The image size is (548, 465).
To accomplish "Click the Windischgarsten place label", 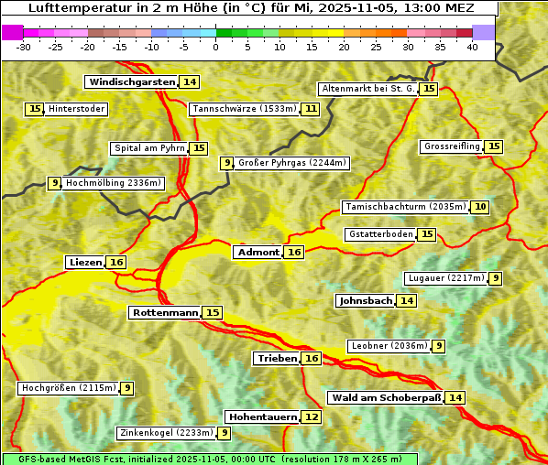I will [x=131, y=81].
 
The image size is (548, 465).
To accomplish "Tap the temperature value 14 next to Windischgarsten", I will [x=189, y=81].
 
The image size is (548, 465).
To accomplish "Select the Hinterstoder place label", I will [x=77, y=109].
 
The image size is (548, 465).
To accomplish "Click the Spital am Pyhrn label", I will [x=148, y=148].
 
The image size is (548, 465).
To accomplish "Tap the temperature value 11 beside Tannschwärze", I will [x=311, y=109].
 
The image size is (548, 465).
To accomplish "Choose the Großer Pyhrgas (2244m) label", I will [x=291, y=163].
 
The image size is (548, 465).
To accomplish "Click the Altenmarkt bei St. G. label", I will [x=367, y=89].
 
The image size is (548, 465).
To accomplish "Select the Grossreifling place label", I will [x=452, y=146].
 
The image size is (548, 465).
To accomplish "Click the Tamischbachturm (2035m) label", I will [x=405, y=207].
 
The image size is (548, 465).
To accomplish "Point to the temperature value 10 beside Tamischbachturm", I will [x=480, y=207].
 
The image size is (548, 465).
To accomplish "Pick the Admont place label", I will [x=258, y=252].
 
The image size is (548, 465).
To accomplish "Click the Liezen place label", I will [x=85, y=263].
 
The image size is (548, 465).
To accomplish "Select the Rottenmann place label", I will [x=165, y=313].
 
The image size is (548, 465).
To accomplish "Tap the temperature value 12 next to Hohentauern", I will [x=312, y=417].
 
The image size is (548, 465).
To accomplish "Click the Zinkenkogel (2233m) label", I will [x=165, y=433].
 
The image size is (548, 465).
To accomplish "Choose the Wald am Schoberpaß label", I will [x=385, y=397].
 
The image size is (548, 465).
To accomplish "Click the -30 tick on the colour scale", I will [x=25, y=47].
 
